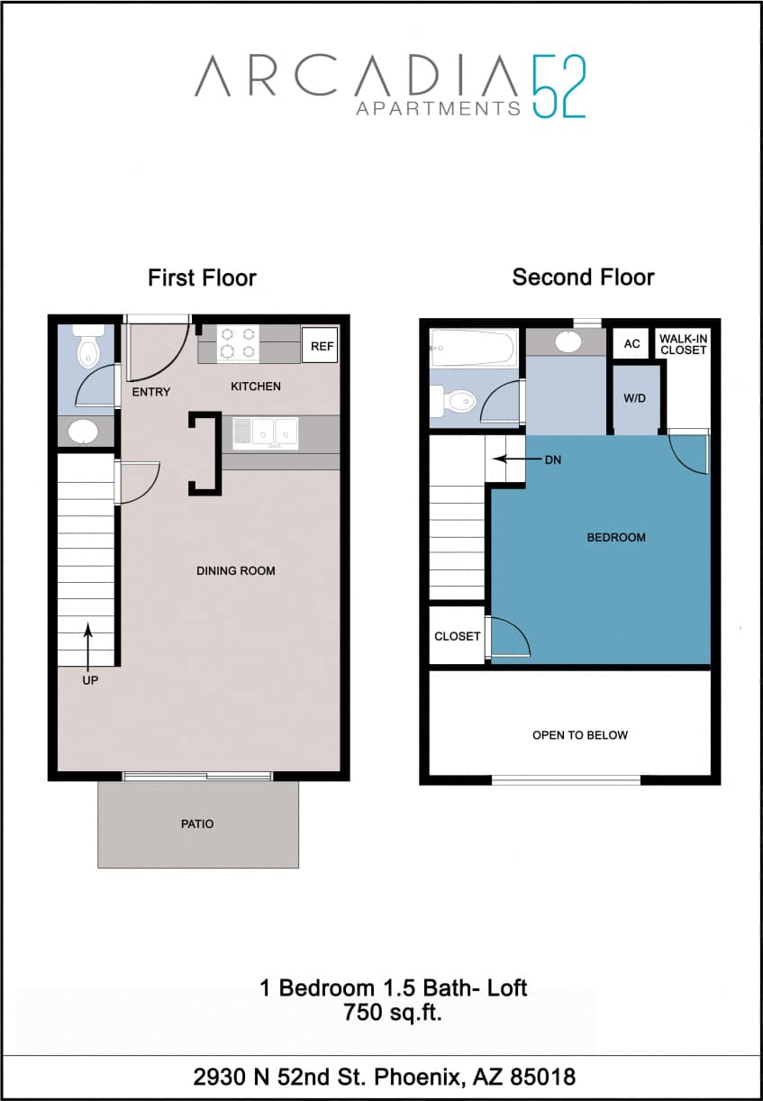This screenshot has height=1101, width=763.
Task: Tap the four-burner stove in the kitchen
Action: pyautogui.click(x=238, y=343)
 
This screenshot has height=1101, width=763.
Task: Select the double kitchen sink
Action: pyautogui.click(x=266, y=432)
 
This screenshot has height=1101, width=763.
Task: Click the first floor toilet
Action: pyautogui.click(x=87, y=346)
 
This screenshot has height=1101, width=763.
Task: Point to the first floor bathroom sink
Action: pyautogui.click(x=86, y=431)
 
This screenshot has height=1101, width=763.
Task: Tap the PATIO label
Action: pyautogui.click(x=197, y=823)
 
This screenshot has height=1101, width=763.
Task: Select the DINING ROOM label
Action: pyautogui.click(x=236, y=570)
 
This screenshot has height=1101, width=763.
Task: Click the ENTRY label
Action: pyautogui.click(x=150, y=392)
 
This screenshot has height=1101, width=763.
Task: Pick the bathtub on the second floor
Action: pyautogui.click(x=472, y=346)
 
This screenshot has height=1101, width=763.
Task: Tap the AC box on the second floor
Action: pyautogui.click(x=631, y=344)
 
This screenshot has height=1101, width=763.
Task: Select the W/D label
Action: pyautogui.click(x=635, y=397)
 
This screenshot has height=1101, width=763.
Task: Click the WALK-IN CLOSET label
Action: pyautogui.click(x=683, y=344)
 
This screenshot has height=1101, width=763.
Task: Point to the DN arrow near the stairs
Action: pyautogui.click(x=509, y=459)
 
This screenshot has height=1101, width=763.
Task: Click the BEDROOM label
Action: pyautogui.click(x=616, y=537)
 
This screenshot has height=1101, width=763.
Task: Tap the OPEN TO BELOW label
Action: pyautogui.click(x=580, y=735)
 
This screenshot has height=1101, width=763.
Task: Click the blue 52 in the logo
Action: pyautogui.click(x=559, y=86)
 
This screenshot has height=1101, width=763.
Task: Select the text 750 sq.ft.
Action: pyautogui.click(x=392, y=1012)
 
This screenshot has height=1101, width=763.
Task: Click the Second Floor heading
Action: pyautogui.click(x=583, y=277)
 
